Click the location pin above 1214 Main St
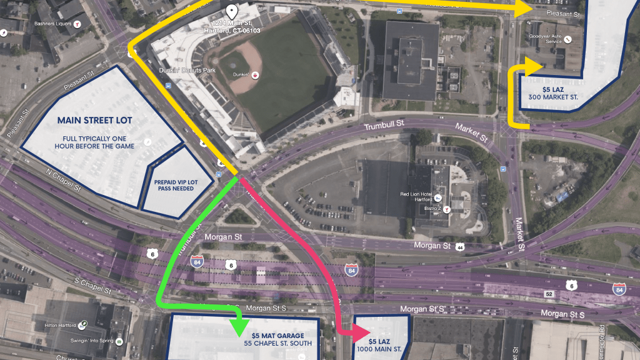(232, 11)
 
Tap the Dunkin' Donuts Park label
(187, 70)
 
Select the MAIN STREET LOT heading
(94, 120)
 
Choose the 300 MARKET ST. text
(552, 97)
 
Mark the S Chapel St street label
(92, 286)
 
